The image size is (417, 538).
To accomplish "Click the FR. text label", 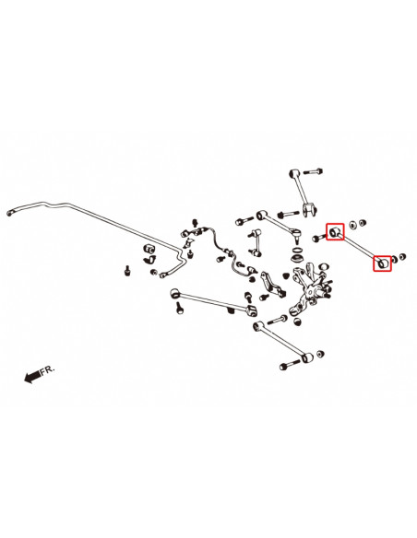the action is tap(47, 370).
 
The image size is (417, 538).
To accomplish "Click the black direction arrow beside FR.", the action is tap(32, 377).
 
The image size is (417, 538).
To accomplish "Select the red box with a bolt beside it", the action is tap(335, 232).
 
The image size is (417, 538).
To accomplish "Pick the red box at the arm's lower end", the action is tap(382, 263).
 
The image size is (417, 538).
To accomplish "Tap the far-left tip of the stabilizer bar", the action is tap(7, 214).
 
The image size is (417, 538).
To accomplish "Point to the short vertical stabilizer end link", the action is tap(254, 242).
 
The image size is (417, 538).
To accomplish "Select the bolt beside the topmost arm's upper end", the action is tap(314, 170).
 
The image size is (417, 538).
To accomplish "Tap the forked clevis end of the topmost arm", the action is tap(310, 210).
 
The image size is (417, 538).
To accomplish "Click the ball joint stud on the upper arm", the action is tap(296, 235).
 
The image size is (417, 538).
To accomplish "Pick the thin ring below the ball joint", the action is tap(297, 249).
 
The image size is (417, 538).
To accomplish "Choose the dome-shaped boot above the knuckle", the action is tap(297, 258).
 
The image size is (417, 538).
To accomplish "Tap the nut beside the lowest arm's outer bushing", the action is tap(320, 354).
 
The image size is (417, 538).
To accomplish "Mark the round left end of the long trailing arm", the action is tap(175, 293).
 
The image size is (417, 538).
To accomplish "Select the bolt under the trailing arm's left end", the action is tap(179, 308).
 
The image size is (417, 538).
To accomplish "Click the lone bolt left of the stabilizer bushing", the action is tap(127, 271).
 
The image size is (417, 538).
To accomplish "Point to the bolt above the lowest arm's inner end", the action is tap(277, 321).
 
